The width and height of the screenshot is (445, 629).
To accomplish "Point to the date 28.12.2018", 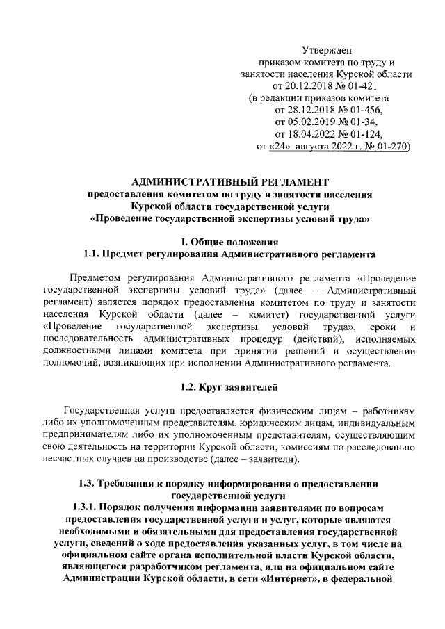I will click(x=303, y=110).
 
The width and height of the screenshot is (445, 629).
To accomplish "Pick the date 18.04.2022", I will click(x=303, y=134).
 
